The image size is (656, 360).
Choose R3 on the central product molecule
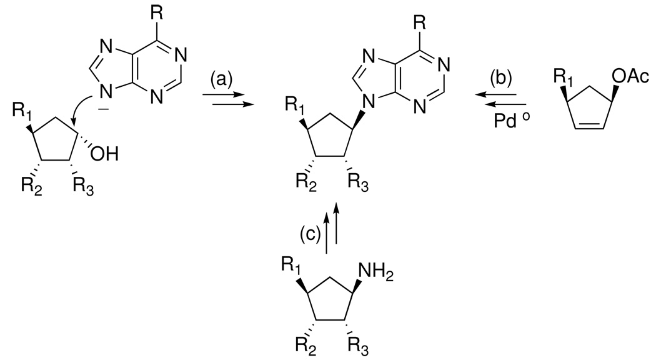click(364, 185)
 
